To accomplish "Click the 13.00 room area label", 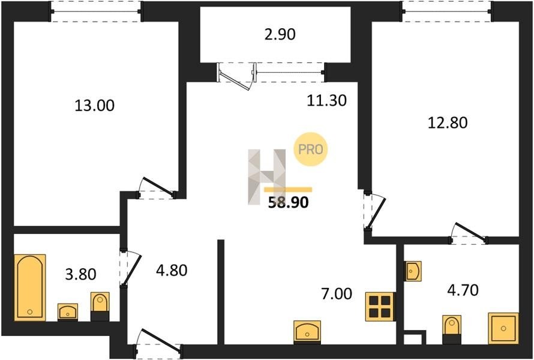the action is point(94,106).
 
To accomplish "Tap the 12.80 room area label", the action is point(448,123).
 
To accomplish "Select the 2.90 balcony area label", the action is point(280,35).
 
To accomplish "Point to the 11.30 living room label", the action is point(326,100).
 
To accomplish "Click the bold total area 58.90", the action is point(288,203).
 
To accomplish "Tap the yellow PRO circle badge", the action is point(311,149).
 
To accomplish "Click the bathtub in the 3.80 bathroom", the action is point(30,287).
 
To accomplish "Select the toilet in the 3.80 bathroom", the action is point(100,307).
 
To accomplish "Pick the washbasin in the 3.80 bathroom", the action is point(68,311).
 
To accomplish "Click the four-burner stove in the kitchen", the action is point(380,307).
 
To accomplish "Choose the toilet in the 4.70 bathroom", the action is point(452,329).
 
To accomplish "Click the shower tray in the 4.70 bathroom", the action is point(503,328).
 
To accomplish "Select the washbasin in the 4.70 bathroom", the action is point(413,271).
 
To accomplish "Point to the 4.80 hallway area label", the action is point(172,271).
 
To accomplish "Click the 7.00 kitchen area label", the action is point(337,294).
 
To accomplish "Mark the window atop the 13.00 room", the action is point(95,11).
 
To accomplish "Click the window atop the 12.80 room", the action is point(447,11).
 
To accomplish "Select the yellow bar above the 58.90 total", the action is point(288,190).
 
